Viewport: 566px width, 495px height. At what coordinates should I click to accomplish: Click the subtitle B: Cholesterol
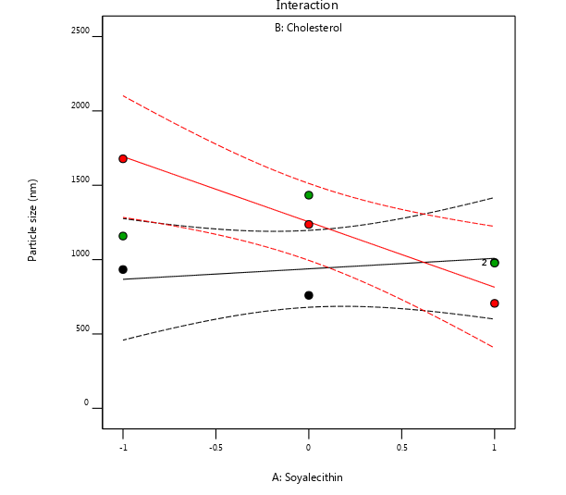point(308,28)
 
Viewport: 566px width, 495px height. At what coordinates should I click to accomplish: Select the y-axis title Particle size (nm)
point(33,220)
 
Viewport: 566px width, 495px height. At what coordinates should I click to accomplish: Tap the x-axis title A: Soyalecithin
point(307,477)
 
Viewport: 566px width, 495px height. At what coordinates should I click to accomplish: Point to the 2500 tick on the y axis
point(80,31)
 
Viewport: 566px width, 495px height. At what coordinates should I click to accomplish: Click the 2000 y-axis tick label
point(80,106)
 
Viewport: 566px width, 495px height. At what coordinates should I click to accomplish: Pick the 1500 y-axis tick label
point(80,180)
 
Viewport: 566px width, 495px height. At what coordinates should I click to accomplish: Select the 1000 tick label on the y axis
point(80,254)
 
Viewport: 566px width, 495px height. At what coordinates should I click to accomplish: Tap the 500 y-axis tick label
point(82,328)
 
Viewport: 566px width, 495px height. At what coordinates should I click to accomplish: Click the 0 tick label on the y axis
point(86,402)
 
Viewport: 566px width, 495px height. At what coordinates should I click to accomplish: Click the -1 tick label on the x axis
point(122,447)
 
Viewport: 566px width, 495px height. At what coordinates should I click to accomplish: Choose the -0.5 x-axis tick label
point(215,447)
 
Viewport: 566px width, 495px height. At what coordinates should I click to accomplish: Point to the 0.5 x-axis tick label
point(401,447)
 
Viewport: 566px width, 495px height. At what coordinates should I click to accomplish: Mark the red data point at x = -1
point(123,159)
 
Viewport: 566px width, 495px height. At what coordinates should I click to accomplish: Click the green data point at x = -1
point(123,236)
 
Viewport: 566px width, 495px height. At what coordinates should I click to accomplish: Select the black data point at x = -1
point(123,269)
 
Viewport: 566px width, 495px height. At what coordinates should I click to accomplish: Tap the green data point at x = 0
point(309,195)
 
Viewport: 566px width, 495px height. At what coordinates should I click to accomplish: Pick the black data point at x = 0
point(309,295)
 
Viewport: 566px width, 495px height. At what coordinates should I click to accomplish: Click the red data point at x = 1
point(495,303)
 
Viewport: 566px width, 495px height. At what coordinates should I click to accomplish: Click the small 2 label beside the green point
point(484,263)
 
